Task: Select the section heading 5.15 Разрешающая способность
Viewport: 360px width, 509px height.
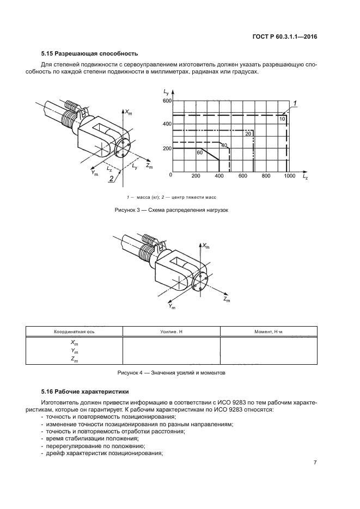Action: [x=90, y=53]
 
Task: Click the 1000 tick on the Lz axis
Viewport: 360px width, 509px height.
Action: [x=289, y=176]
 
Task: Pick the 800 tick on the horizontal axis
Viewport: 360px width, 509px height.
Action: [x=266, y=176]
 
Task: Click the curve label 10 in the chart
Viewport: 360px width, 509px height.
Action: [x=282, y=119]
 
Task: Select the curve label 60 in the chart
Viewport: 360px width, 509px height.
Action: [x=200, y=153]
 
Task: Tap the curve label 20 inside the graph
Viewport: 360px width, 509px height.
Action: [x=248, y=134]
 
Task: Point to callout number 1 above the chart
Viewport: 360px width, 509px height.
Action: [x=295, y=103]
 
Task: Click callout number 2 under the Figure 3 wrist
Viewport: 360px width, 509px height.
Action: [x=111, y=178]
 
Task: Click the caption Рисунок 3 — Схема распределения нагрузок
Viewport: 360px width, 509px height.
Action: [x=171, y=210]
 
